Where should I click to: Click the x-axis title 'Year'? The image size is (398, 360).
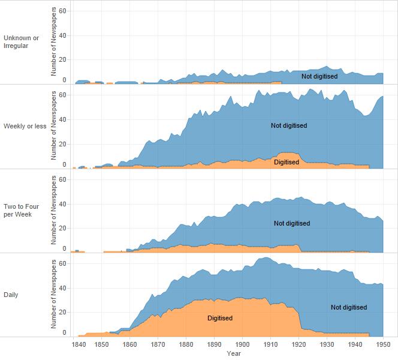(x=234, y=354)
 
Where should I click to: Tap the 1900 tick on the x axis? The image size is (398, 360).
(x=242, y=345)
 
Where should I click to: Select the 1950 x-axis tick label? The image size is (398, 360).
(x=383, y=345)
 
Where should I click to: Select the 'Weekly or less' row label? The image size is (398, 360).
(x=25, y=126)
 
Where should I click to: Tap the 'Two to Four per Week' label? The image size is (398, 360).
(x=22, y=210)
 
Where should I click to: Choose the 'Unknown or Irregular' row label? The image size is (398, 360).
(x=21, y=42)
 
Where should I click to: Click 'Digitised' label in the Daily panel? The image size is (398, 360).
(x=220, y=318)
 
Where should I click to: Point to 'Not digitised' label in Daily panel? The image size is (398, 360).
(x=349, y=307)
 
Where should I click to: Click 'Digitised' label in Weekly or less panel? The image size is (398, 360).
(x=287, y=162)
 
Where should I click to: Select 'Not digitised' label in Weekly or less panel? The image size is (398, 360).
(x=289, y=125)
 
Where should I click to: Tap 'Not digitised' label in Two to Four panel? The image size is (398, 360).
(x=292, y=223)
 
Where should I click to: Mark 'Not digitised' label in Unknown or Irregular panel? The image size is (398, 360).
(x=319, y=76)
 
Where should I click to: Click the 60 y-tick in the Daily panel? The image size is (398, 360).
(x=62, y=263)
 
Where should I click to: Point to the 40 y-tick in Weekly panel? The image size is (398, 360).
(x=62, y=119)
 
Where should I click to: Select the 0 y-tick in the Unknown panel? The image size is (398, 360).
(x=64, y=80)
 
